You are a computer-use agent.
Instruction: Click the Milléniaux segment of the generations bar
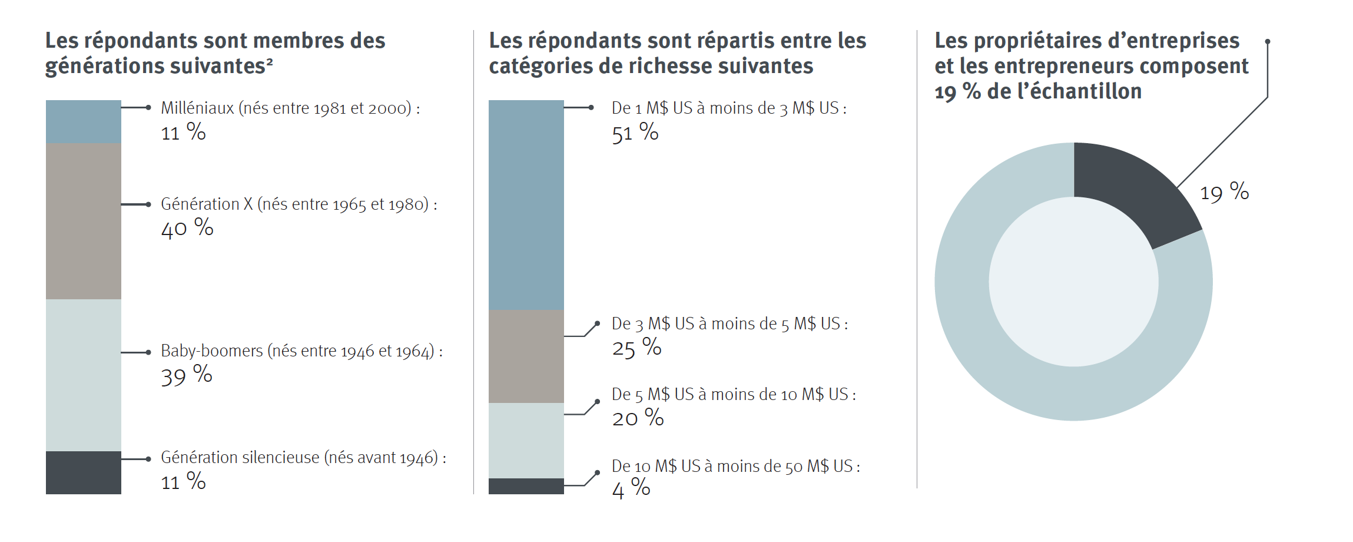tap(83, 121)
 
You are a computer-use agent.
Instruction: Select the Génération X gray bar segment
tap(83, 221)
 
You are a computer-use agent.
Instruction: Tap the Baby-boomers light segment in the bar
tap(83, 375)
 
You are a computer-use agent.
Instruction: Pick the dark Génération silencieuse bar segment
tap(83, 472)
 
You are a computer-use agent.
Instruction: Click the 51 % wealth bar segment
tap(526, 205)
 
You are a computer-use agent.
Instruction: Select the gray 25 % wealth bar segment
tap(526, 356)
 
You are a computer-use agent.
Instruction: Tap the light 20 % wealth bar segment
tap(526, 441)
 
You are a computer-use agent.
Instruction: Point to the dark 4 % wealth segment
tap(526, 486)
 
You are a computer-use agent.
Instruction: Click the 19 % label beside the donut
tap(1224, 192)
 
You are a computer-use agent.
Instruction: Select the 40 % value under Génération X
tap(187, 229)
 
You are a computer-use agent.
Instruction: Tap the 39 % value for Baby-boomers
tap(187, 376)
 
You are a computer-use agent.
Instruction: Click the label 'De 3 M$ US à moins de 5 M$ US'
tap(729, 323)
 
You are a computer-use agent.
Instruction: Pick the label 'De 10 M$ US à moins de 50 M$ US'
tap(735, 466)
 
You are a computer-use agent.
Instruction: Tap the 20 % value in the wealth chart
tap(638, 418)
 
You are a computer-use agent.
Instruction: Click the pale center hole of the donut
tap(1073, 282)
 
